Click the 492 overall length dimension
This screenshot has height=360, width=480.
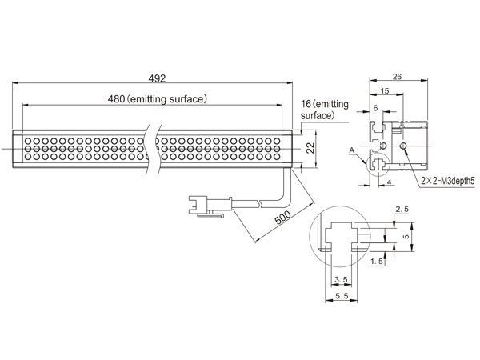(157, 78)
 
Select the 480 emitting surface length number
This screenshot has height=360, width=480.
(116, 99)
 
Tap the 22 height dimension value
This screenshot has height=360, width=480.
(310, 149)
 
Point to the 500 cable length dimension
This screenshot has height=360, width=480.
(282, 218)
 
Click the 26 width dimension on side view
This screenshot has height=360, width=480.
(397, 77)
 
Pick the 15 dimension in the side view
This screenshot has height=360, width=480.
(385, 91)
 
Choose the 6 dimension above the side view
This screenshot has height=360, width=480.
(376, 108)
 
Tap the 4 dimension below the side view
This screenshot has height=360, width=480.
(389, 182)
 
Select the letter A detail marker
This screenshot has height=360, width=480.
(352, 150)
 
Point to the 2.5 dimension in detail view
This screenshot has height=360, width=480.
(402, 210)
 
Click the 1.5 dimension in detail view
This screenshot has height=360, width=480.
(377, 261)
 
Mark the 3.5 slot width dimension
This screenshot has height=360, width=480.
(341, 279)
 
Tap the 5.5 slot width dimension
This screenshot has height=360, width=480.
(342, 296)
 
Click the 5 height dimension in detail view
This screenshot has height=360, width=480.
(406, 236)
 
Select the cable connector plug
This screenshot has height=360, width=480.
(210, 206)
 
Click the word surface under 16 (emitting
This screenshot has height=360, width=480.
(316, 115)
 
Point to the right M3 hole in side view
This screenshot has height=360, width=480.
(404, 146)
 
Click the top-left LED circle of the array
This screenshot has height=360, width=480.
(28, 141)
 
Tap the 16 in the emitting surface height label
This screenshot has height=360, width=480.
(306, 104)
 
